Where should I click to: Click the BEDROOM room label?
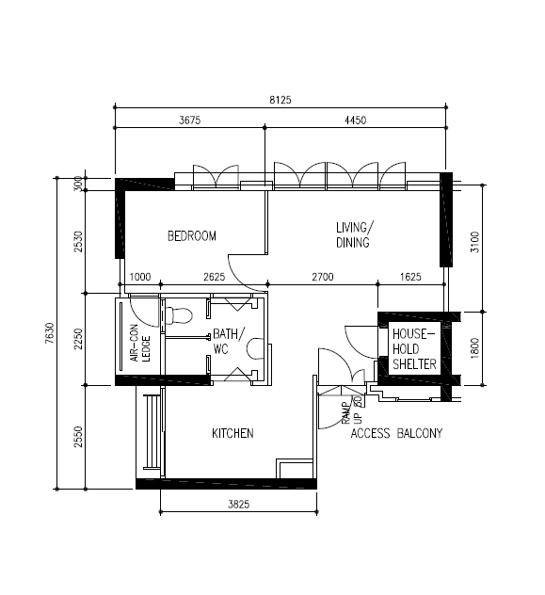pos(191,236)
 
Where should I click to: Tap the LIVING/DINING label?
pos(354,234)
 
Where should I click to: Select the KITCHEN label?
pos(232,433)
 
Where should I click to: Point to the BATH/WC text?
pos(229,341)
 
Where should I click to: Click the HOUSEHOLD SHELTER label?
pos(414,349)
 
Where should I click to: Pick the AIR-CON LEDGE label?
pos(140,343)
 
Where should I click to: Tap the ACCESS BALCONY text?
pos(396,433)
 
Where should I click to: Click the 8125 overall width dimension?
pos(281,100)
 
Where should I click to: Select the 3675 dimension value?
pos(189,121)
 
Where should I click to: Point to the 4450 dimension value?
pos(356,121)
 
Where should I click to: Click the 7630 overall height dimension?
pos(50,333)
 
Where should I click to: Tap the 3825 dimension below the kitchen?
pos(238,505)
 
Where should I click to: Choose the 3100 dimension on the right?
pos(474,242)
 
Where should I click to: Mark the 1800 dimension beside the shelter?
pos(474,348)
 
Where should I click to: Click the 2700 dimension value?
pos(323,277)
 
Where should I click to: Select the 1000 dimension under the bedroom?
pos(140,277)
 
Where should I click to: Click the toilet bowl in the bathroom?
pos(179,315)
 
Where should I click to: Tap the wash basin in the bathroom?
pos(255,348)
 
